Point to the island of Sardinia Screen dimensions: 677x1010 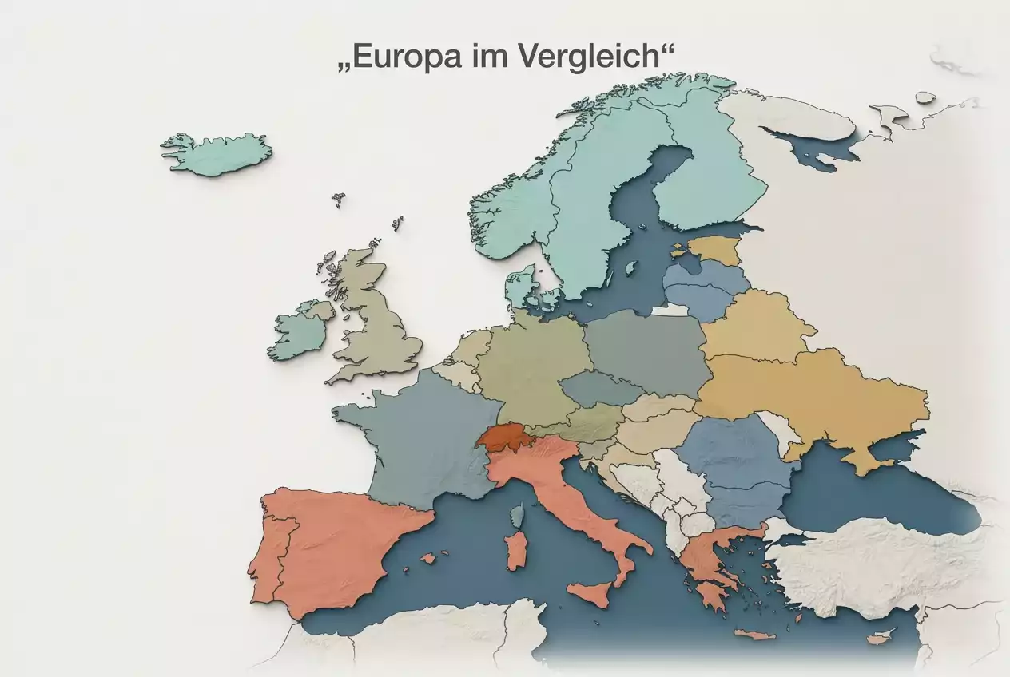coord(517,550)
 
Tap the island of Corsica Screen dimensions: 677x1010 coord(517,514)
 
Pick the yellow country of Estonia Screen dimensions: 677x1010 coord(714,250)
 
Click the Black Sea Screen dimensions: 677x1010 coord(871,495)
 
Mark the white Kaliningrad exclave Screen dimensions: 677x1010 coord(670,310)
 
